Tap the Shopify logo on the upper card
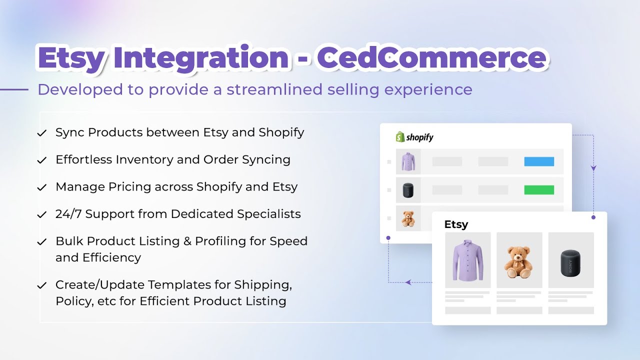414,137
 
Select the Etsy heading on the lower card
456,224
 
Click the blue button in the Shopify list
539,161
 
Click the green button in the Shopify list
539,190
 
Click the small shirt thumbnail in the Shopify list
408,161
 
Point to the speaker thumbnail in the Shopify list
408,190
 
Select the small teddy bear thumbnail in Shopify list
408,218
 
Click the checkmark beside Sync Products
42,133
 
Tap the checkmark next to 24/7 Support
42,215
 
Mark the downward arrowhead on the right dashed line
593,168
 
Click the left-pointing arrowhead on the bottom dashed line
408,282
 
